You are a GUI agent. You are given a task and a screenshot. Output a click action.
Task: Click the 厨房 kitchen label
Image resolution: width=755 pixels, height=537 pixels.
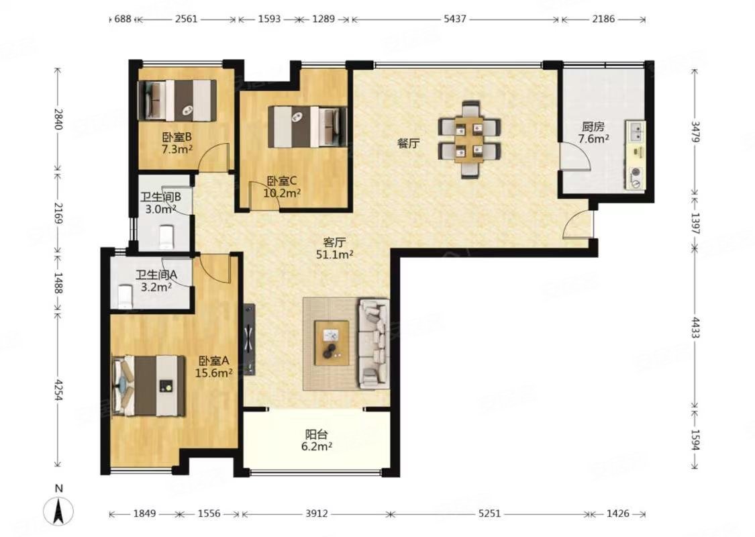pyautogui.click(x=593, y=127)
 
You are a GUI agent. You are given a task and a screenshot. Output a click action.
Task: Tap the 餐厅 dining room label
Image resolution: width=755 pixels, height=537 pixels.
pyautogui.click(x=408, y=143)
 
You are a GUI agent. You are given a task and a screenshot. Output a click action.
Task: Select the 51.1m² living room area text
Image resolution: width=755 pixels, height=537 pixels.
pyautogui.click(x=335, y=254)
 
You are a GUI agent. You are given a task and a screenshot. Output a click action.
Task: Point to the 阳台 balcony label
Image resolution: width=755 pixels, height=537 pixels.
pyautogui.click(x=316, y=434)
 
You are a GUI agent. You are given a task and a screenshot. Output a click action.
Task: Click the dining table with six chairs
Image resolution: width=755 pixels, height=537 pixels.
pyautogui.click(x=470, y=139)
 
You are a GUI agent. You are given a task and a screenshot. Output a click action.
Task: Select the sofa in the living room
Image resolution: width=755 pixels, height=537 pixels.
pyautogui.click(x=374, y=344)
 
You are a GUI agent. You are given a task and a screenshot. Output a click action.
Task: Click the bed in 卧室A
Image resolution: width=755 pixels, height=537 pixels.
pyautogui.click(x=148, y=385)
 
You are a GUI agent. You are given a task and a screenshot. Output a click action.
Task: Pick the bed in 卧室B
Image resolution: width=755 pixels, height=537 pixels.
pyautogui.click(x=177, y=100)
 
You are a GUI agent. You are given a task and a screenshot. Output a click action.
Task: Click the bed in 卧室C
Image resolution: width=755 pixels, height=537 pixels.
pyautogui.click(x=307, y=127)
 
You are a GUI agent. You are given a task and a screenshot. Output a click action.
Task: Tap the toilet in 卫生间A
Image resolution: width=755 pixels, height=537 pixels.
pyautogui.click(x=125, y=297)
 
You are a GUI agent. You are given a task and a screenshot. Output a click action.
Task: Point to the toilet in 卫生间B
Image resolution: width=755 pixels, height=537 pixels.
pyautogui.click(x=165, y=236)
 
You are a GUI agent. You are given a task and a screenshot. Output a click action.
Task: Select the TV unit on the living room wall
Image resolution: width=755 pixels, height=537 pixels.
pyautogui.click(x=250, y=340)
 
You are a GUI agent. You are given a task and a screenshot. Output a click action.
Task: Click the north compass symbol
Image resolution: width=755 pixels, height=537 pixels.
pyautogui.click(x=59, y=509)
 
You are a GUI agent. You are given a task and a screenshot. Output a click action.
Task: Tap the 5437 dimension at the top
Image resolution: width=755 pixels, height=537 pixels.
pyautogui.click(x=454, y=19)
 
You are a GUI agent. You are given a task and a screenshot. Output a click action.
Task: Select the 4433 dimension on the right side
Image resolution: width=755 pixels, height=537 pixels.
pyautogui.click(x=695, y=327)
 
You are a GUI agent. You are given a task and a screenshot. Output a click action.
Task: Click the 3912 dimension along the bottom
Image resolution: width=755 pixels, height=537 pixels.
pyautogui.click(x=316, y=514)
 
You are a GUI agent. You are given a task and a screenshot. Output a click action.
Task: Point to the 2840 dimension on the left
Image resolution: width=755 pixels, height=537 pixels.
pyautogui.click(x=58, y=119)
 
